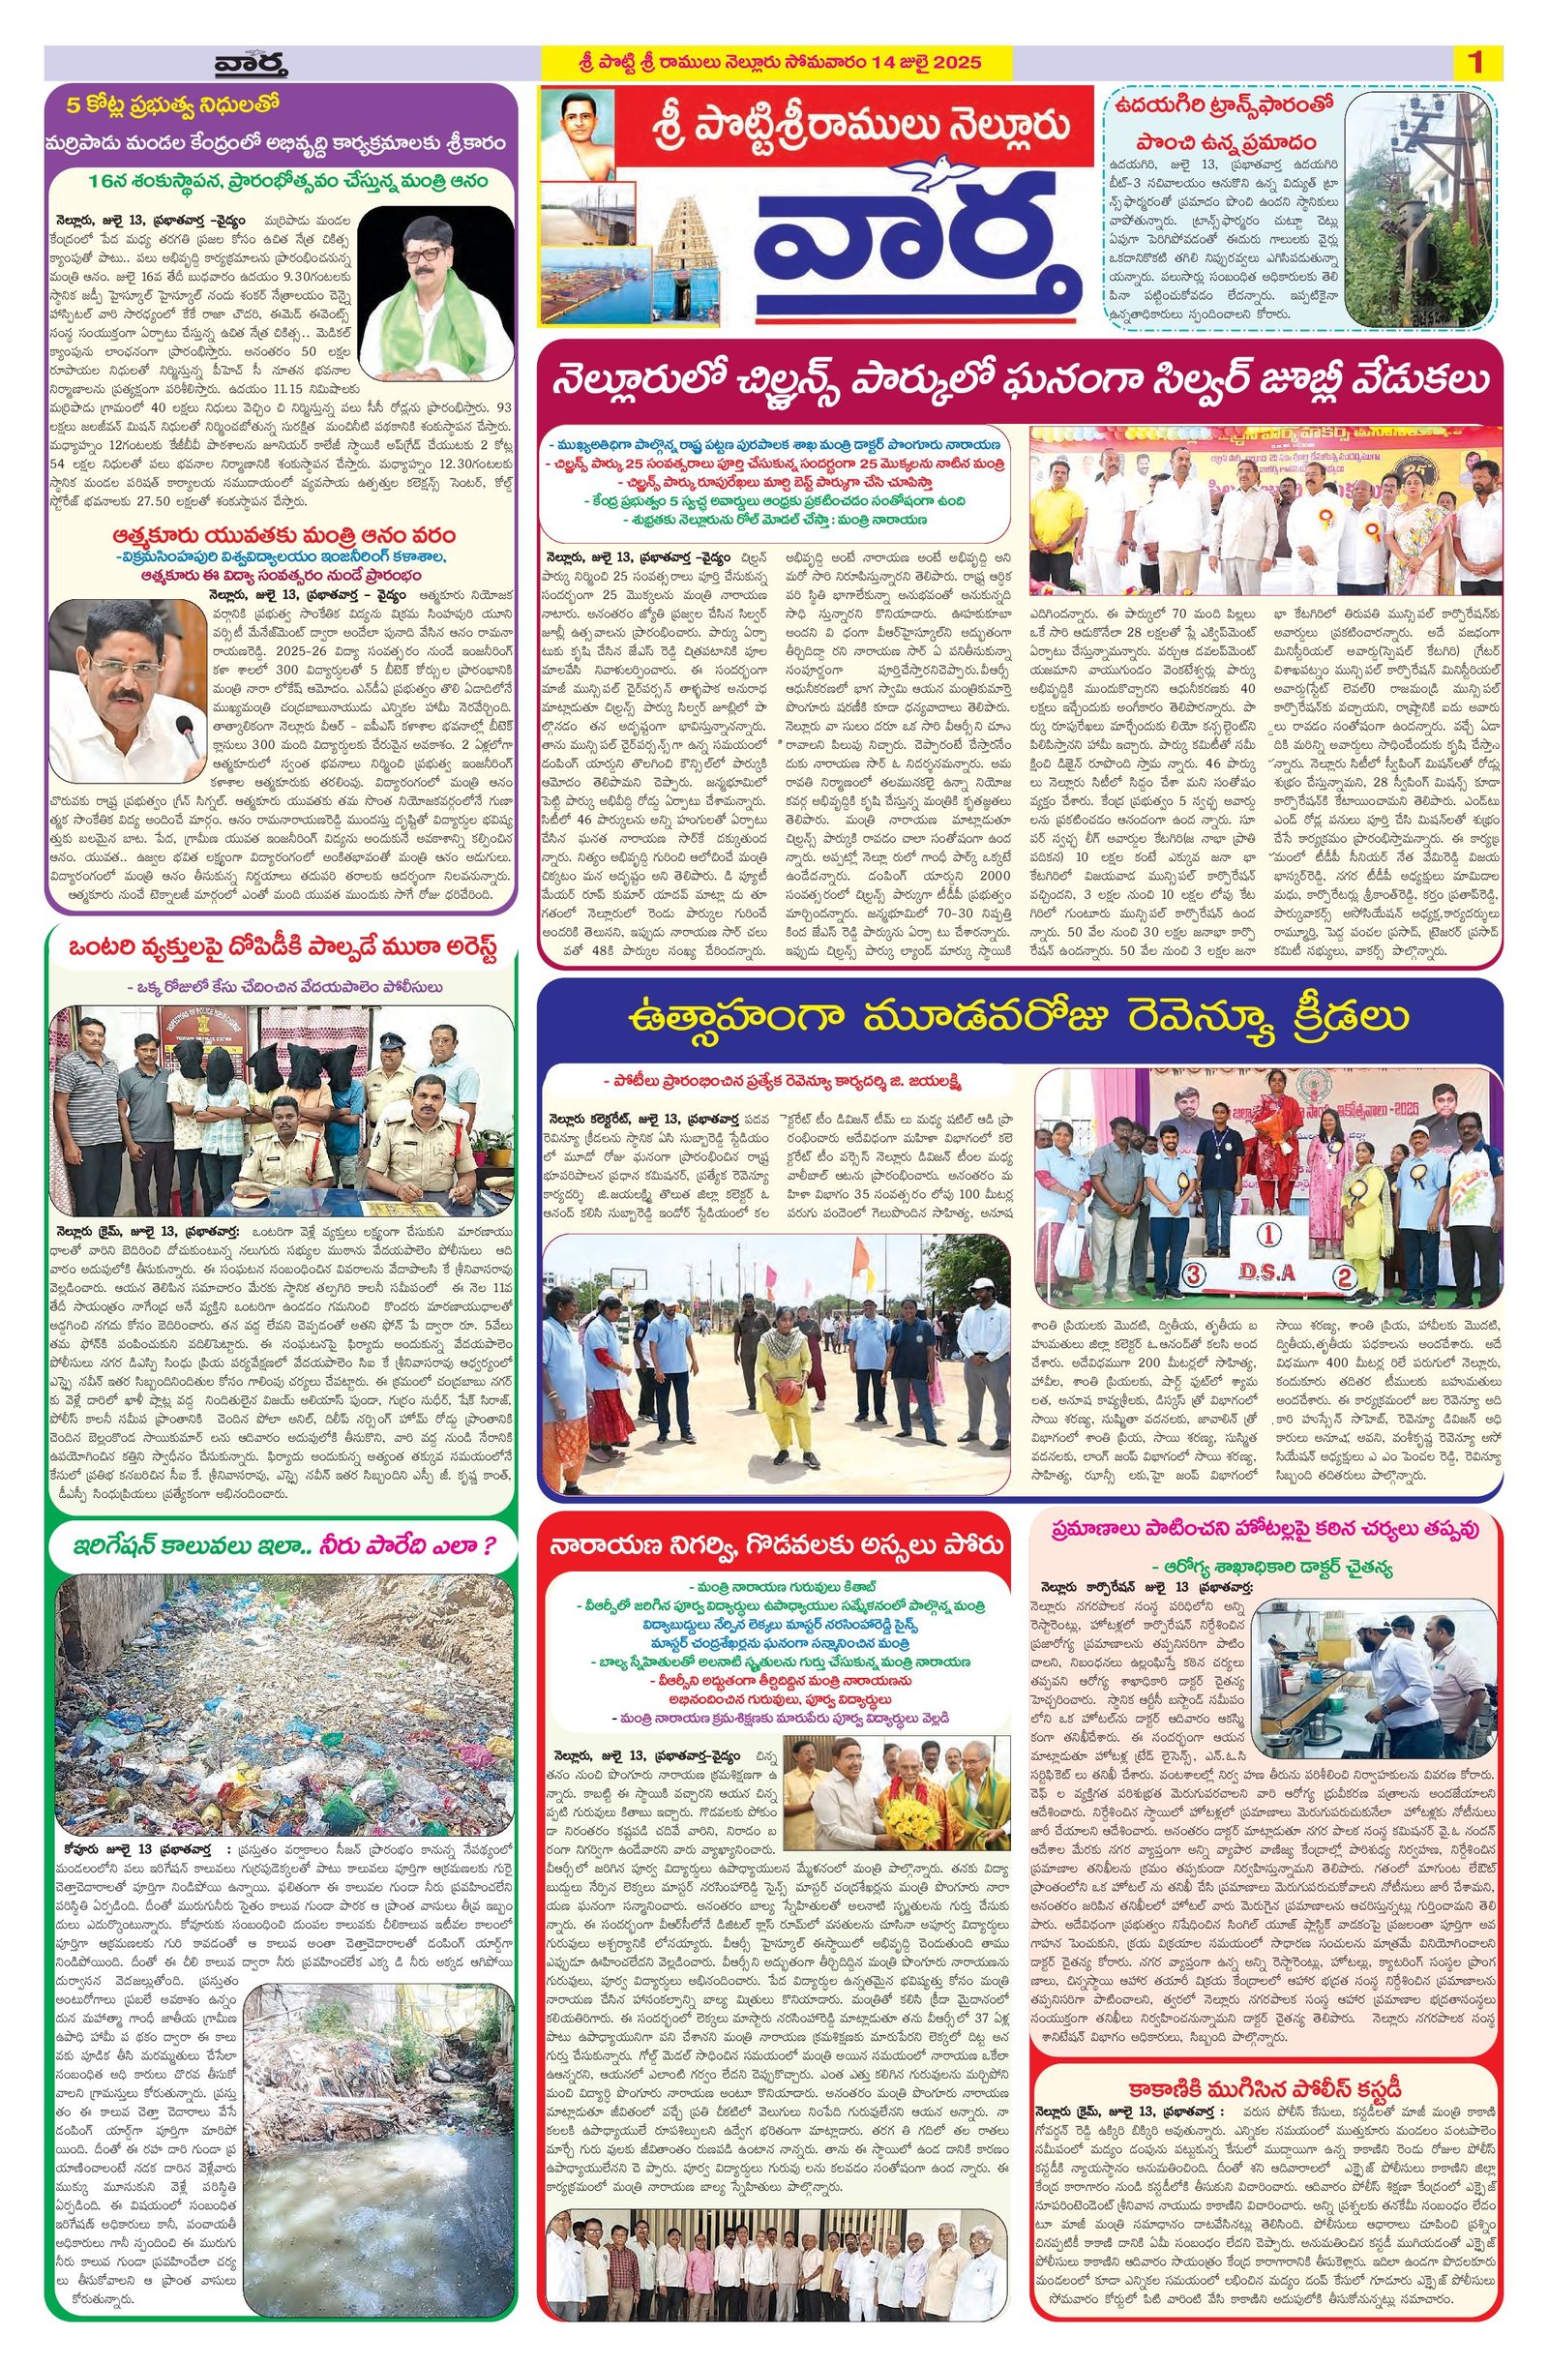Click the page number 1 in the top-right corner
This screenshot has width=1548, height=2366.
pos(1475,63)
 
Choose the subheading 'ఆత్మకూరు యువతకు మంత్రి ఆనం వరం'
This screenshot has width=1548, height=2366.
pos(283,534)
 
